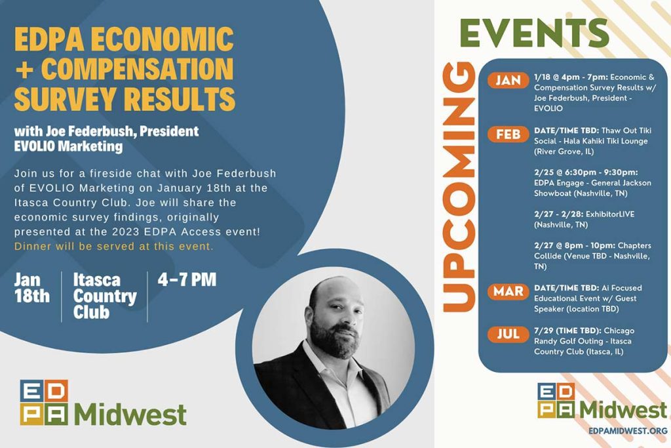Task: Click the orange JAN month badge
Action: (508, 80)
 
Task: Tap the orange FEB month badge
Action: (508, 134)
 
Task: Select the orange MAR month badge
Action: (508, 291)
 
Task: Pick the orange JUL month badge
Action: (508, 334)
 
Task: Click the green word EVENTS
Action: (534, 33)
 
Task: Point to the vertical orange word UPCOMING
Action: (459, 187)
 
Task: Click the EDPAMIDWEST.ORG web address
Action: (628, 430)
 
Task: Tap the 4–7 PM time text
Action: (187, 279)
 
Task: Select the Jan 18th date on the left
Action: (31, 288)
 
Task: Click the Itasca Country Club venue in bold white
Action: (105, 296)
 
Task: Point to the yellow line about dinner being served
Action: (113, 246)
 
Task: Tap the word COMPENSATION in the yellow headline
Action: (138, 68)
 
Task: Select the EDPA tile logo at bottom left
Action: (44, 402)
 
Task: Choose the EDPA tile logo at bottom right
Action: (556, 401)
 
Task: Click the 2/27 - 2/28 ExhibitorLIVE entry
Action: (584, 219)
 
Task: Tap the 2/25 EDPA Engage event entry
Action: (592, 183)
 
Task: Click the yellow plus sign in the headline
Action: (24, 69)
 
